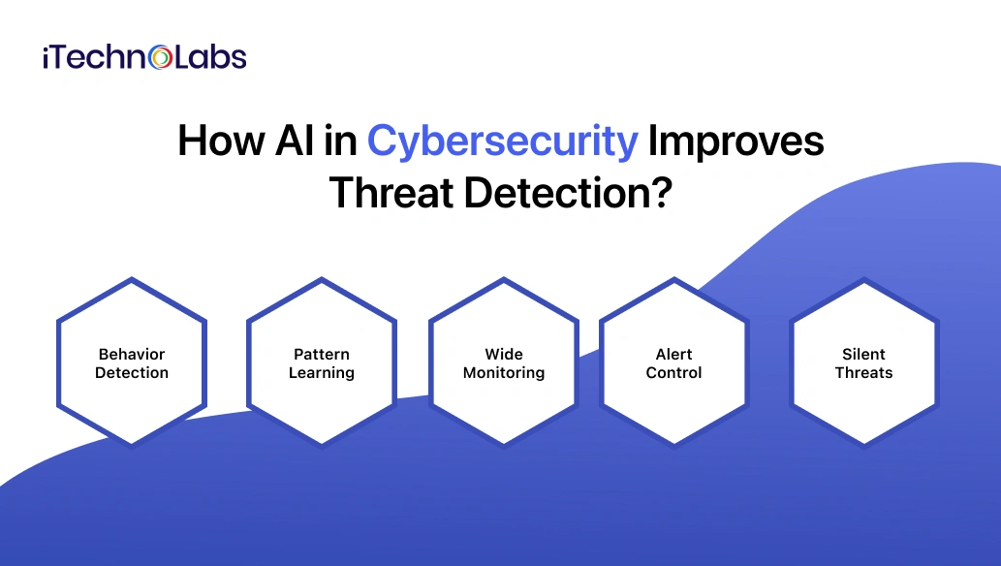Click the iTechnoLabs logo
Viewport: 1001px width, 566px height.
pos(144,58)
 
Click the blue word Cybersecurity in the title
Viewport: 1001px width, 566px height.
pos(502,141)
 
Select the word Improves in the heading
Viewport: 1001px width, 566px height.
pos(735,141)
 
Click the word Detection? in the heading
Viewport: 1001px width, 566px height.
pos(568,192)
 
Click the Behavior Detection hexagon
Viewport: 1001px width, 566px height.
pos(132,363)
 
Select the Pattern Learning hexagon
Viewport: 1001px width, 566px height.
pos(322,363)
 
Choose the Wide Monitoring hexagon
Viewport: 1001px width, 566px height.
pos(504,363)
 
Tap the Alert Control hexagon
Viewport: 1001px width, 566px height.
pos(673,363)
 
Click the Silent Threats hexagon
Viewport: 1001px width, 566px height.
pos(863,363)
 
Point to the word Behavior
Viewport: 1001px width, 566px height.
pos(132,355)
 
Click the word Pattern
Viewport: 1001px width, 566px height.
pos(322,355)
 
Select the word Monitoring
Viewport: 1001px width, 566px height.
pos(504,373)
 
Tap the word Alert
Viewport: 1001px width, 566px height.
pos(673,355)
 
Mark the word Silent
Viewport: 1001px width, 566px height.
pos(863,355)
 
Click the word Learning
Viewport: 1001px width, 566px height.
pos(322,373)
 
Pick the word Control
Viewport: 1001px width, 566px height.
pos(673,373)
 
